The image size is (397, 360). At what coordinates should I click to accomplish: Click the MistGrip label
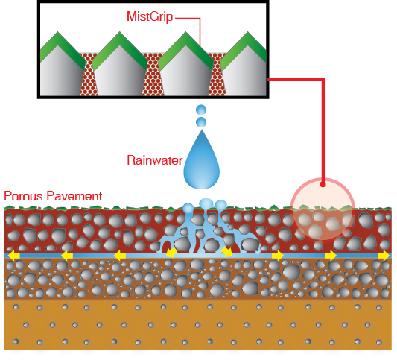click(150, 16)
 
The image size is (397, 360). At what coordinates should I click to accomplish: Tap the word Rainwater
click(154, 160)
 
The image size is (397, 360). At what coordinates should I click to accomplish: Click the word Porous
click(23, 196)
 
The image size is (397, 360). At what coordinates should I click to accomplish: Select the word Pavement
click(74, 196)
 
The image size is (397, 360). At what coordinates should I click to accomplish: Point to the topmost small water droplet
click(201, 110)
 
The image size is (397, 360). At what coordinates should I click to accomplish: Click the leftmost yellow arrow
click(14, 256)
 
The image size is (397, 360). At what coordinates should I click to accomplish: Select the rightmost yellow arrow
click(384, 256)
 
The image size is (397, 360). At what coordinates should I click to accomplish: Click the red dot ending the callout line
click(323, 184)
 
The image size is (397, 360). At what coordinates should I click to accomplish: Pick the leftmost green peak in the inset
click(61, 48)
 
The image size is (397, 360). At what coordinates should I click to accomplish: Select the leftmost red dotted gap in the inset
click(89, 75)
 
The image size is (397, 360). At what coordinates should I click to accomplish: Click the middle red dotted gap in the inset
click(153, 75)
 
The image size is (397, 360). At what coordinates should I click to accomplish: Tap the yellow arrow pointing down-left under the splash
click(171, 253)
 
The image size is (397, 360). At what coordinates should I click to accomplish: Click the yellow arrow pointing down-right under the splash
click(227, 252)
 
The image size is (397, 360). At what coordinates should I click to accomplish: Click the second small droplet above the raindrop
click(201, 122)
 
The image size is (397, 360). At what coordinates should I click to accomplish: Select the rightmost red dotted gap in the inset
click(217, 75)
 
